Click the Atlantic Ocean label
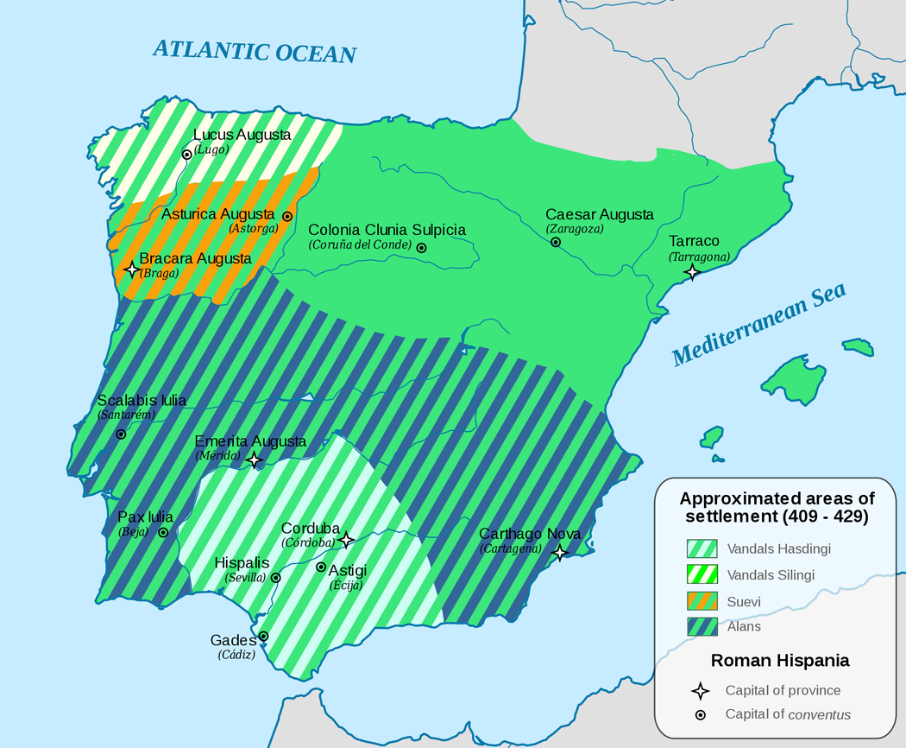[x=255, y=51]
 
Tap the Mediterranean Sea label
[x=758, y=326]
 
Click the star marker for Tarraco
[x=691, y=272]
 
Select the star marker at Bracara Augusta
[x=131, y=269]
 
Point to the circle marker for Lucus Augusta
[x=186, y=155]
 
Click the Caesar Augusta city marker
[x=556, y=242]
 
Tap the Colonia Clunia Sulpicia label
[x=387, y=230]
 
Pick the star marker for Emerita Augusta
[x=255, y=460]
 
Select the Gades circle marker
[x=263, y=637]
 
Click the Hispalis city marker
[x=275, y=578]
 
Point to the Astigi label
[x=348, y=570]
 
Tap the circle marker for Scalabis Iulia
[x=121, y=434]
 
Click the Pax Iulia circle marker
[x=163, y=532]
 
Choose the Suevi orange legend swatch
[x=702, y=600]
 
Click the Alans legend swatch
[x=702, y=626]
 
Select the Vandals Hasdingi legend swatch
[x=702, y=548]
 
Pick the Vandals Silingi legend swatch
[x=702, y=574]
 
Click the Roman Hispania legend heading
[x=780, y=661]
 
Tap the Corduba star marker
[x=346, y=540]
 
